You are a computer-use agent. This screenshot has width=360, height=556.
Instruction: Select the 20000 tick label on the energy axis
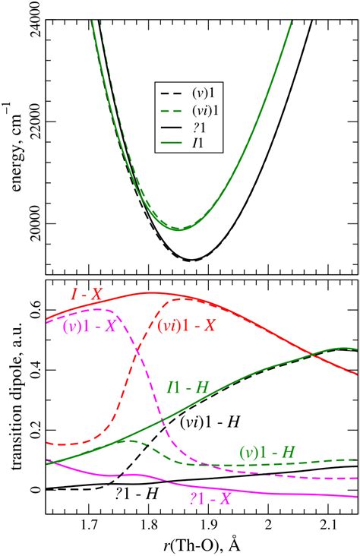click(x=33, y=224)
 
